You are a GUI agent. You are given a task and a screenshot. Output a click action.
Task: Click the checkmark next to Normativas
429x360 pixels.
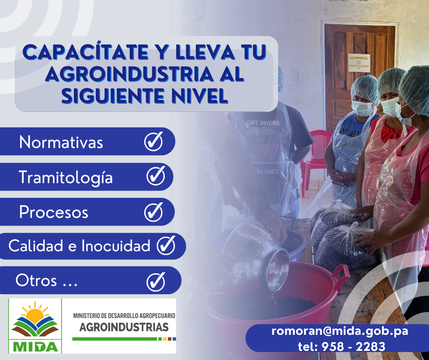[x=154, y=141]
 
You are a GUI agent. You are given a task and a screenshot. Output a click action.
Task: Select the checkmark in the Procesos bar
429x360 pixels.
[x=154, y=212]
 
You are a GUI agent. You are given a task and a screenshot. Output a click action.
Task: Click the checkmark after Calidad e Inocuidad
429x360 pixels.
[x=166, y=245]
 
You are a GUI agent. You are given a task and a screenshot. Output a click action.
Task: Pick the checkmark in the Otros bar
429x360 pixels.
[x=156, y=281]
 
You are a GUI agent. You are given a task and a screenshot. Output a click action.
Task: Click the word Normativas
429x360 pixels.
[x=61, y=143]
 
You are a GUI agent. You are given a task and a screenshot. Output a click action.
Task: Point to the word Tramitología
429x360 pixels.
[x=66, y=178]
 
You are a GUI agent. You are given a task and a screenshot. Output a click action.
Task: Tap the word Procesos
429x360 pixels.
[x=54, y=212]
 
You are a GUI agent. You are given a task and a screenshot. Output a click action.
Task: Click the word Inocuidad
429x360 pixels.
[x=116, y=246]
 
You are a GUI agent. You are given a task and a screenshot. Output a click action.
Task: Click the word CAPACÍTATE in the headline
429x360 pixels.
[x=86, y=52]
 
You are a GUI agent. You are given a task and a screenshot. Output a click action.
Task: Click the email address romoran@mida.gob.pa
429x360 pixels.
[x=340, y=331]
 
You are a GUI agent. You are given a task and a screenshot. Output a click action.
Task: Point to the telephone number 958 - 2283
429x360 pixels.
[x=354, y=347]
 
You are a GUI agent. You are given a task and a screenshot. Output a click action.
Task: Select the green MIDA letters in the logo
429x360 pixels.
[x=35, y=346]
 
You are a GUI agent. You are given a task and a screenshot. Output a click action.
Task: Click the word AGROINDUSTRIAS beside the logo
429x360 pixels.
[x=124, y=327]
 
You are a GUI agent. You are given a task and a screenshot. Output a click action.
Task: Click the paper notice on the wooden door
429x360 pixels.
[x=359, y=63]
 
